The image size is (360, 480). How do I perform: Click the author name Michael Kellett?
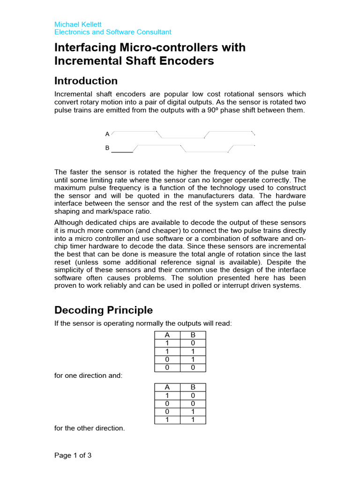(x=78, y=24)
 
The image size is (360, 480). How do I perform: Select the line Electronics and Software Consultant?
(x=113, y=32)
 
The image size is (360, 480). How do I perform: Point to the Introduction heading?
(x=86, y=81)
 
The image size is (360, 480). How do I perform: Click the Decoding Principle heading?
(x=104, y=310)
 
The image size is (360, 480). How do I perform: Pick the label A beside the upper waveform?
(x=107, y=134)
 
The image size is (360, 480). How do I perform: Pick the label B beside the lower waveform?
(x=107, y=148)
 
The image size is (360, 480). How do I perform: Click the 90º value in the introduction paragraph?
(x=203, y=110)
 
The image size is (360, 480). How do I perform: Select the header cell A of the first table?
(x=167, y=335)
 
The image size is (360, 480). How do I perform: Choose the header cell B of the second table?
(x=193, y=387)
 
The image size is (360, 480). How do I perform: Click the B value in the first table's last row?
(x=193, y=367)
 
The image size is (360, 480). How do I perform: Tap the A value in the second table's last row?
(x=167, y=420)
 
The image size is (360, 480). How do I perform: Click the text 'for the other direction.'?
(x=90, y=428)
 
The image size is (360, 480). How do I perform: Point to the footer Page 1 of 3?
(x=73, y=455)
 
